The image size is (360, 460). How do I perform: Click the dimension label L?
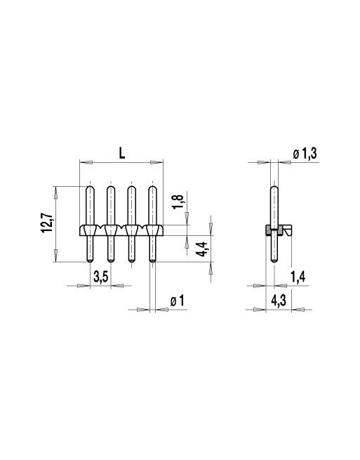[x=121, y=153]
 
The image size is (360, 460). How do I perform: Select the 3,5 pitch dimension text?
[x=101, y=277]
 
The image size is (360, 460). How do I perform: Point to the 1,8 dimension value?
[x=178, y=202]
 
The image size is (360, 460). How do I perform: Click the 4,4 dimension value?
[x=203, y=249]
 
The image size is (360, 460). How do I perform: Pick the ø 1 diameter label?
[x=178, y=301]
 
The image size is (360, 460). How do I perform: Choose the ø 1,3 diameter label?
[x=305, y=153]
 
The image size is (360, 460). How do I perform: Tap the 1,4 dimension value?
[x=298, y=277]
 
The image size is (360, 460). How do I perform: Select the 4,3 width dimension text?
[x=279, y=301]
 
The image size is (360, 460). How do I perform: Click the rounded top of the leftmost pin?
[x=90, y=188]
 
